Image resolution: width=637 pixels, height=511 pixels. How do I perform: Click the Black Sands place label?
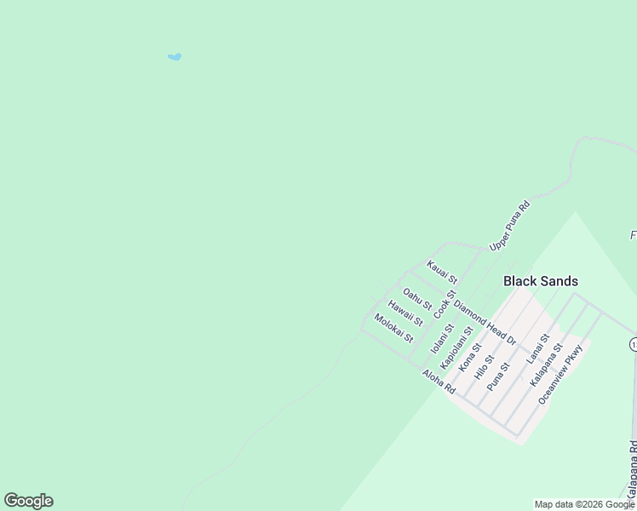(540, 281)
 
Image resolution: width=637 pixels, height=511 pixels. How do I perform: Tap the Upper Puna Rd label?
(510, 226)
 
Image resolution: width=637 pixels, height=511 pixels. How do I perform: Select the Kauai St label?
(442, 273)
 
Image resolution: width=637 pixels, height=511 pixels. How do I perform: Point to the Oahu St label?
(417, 299)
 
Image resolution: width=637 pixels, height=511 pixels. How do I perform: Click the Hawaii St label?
(405, 313)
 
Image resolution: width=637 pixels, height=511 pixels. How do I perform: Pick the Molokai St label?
(393, 328)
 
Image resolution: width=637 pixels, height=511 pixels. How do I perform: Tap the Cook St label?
(445, 304)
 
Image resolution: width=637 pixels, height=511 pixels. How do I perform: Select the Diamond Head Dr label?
(485, 322)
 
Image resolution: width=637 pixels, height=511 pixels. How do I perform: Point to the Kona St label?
(470, 357)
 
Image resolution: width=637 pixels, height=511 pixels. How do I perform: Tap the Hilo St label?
(484, 366)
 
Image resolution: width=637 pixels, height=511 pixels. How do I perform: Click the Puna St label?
(497, 376)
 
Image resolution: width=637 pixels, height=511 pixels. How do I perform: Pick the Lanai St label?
(537, 350)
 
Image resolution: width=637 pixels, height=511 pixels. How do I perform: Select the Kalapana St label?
(546, 365)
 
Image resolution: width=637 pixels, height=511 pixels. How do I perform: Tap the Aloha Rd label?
(439, 382)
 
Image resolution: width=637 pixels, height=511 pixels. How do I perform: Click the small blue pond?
(175, 57)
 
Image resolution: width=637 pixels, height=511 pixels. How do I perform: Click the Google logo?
(28, 501)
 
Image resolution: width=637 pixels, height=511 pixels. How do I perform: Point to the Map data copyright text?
(584, 504)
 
